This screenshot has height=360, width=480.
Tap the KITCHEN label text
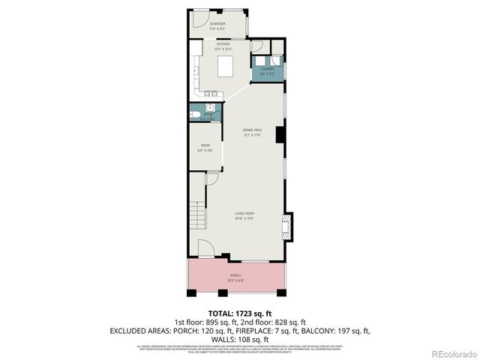223,46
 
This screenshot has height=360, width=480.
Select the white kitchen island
227,67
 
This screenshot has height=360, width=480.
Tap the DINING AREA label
252,133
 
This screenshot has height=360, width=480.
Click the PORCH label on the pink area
235,276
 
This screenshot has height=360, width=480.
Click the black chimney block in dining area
280,135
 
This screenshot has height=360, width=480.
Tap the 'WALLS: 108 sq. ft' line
239,338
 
